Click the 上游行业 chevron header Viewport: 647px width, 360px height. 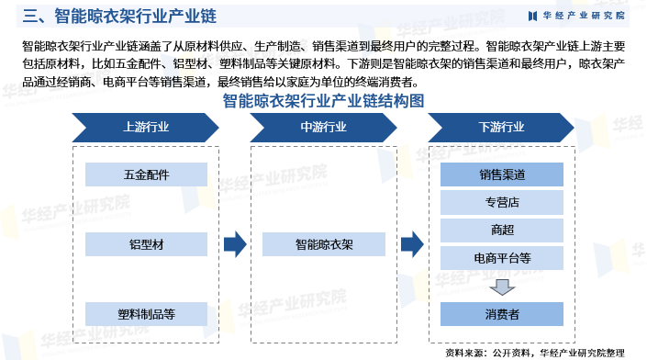(x=145, y=126)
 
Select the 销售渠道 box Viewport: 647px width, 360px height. (x=502, y=174)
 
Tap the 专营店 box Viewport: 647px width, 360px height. (x=502, y=201)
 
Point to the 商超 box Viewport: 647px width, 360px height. (x=502, y=229)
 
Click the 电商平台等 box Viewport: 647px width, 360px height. (x=502, y=257)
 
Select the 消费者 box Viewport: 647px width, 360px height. (x=502, y=314)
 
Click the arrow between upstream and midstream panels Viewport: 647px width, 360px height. (x=235, y=243)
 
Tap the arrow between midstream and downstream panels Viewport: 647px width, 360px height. (x=413, y=243)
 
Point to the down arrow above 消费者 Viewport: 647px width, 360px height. (x=502, y=287)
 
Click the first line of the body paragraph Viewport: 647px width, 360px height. (x=323, y=45)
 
